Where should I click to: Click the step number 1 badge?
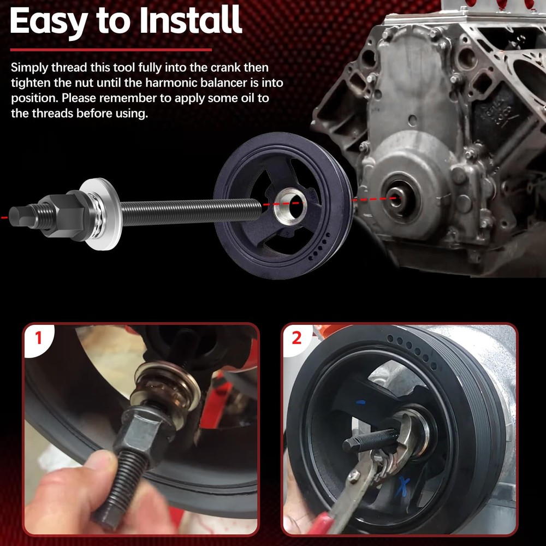(x=38, y=339)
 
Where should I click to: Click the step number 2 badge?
(x=296, y=338)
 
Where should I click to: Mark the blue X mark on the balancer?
(x=405, y=483)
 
